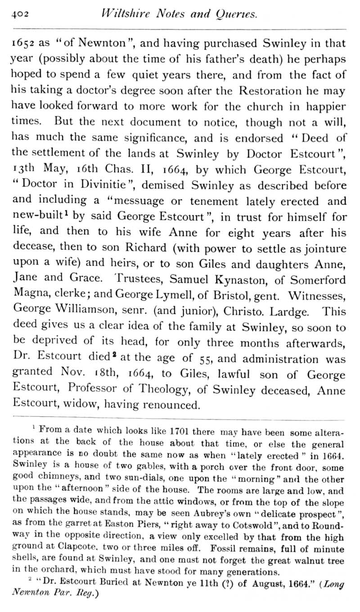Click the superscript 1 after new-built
click(x=66, y=215)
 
